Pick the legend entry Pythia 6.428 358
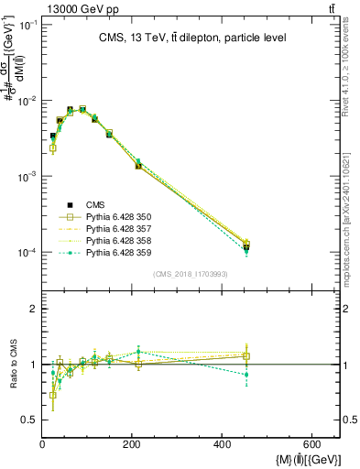coord(118,241)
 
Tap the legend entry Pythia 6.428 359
coord(118,253)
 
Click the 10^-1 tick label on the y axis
coord(27,25)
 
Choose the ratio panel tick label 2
coord(34,310)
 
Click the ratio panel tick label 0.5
coord(29,420)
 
